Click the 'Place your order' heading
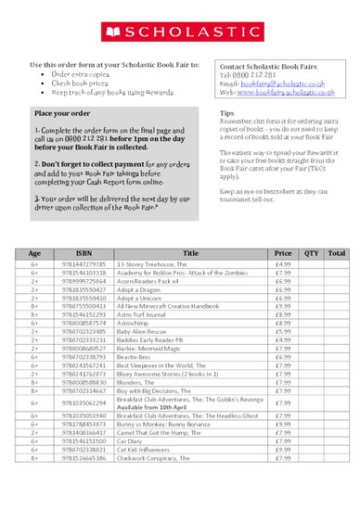pyautogui.click(x=61, y=112)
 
